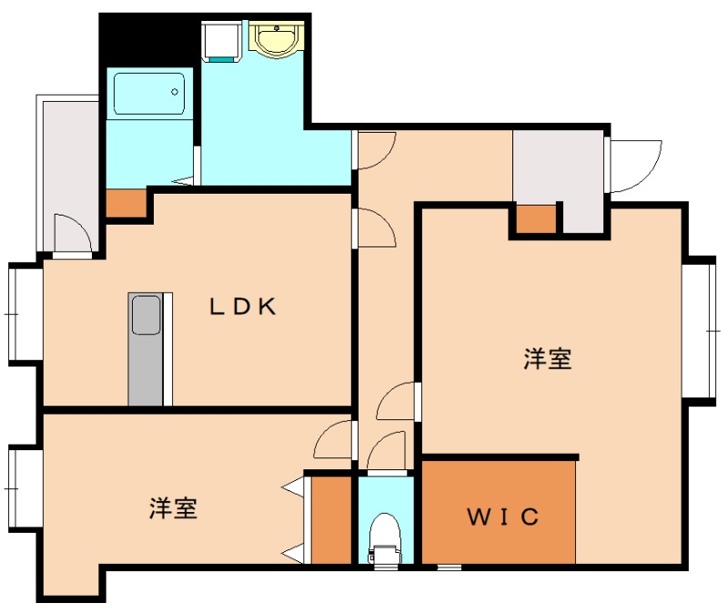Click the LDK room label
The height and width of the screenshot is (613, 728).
243,306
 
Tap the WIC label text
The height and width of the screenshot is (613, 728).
503,518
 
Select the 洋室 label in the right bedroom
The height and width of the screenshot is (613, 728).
548,359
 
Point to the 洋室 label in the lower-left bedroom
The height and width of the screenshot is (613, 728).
174,507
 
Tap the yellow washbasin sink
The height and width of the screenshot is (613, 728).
274,39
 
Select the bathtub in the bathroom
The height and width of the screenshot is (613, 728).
149,93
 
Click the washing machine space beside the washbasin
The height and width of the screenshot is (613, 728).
220,41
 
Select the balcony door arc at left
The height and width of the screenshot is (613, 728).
71,234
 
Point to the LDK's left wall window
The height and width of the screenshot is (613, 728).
23,313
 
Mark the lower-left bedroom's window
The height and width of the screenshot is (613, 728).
23,487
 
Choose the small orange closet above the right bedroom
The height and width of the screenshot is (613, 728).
537,219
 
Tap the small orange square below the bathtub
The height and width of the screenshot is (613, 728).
126,202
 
